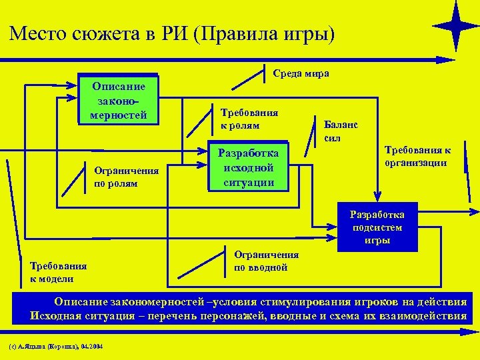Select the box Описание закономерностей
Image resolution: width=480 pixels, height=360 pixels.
[119, 99]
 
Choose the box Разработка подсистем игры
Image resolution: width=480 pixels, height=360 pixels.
[377, 227]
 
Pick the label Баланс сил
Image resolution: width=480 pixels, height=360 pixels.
[340, 131]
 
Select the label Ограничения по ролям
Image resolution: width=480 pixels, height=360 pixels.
[127, 177]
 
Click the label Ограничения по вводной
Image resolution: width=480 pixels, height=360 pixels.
[266, 261]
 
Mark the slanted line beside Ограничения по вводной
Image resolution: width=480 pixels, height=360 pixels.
[204, 265]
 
